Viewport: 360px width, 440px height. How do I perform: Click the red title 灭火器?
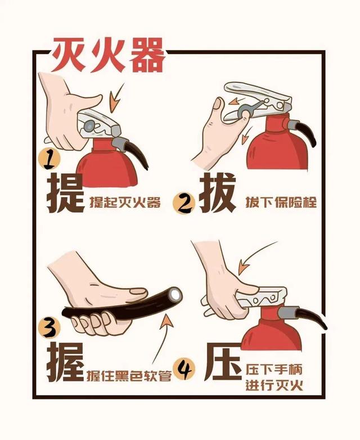[108, 55]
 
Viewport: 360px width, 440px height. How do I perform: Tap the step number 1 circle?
[49, 160]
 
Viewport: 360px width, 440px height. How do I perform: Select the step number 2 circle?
[184, 203]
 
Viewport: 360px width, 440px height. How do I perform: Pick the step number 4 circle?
[184, 370]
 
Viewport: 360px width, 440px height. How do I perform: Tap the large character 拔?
[217, 193]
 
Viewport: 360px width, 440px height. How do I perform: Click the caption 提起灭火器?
[125, 202]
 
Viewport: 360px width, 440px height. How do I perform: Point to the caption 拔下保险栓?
[281, 202]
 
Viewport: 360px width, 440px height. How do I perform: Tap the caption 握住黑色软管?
[129, 376]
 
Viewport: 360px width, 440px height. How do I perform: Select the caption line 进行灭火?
[274, 385]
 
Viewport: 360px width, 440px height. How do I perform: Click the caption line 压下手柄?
[274, 369]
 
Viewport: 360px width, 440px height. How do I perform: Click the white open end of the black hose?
[176, 294]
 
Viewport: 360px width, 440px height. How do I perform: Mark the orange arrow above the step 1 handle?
[116, 98]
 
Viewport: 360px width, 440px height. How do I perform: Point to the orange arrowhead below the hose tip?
[167, 321]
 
